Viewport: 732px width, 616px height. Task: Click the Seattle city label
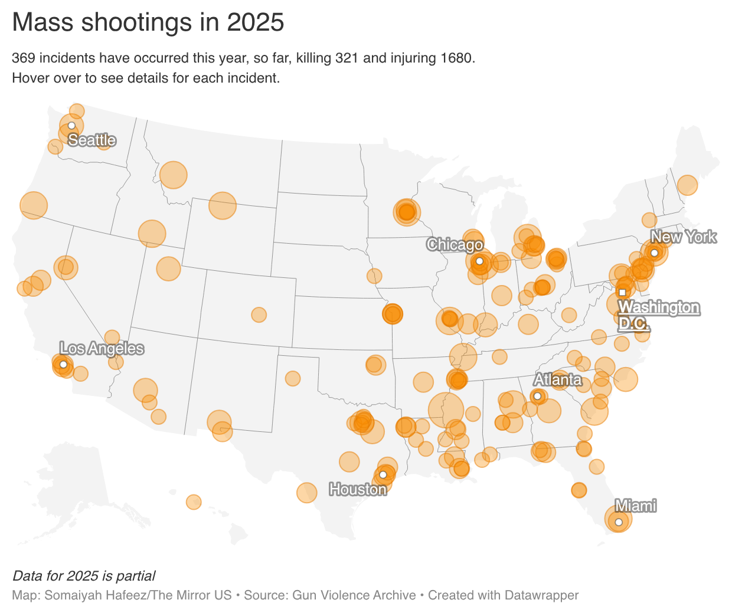(x=92, y=140)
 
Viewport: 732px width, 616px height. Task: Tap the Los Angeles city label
(x=102, y=349)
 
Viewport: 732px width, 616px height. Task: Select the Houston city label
(x=358, y=489)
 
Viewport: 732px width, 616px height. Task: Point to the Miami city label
(x=635, y=506)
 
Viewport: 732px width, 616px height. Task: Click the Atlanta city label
(x=558, y=379)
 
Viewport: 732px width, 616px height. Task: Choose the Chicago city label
(x=455, y=244)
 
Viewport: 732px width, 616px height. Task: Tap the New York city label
(x=683, y=237)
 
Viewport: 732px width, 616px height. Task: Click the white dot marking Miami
(x=619, y=522)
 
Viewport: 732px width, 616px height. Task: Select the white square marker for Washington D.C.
(x=622, y=292)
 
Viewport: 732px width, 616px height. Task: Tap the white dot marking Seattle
(x=71, y=126)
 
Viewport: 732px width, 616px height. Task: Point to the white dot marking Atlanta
(x=537, y=396)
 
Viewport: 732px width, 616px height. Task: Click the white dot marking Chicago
(x=479, y=261)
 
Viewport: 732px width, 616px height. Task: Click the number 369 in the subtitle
(x=24, y=58)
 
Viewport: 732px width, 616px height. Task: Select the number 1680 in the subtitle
(x=456, y=58)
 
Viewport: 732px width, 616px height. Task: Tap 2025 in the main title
(x=256, y=22)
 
